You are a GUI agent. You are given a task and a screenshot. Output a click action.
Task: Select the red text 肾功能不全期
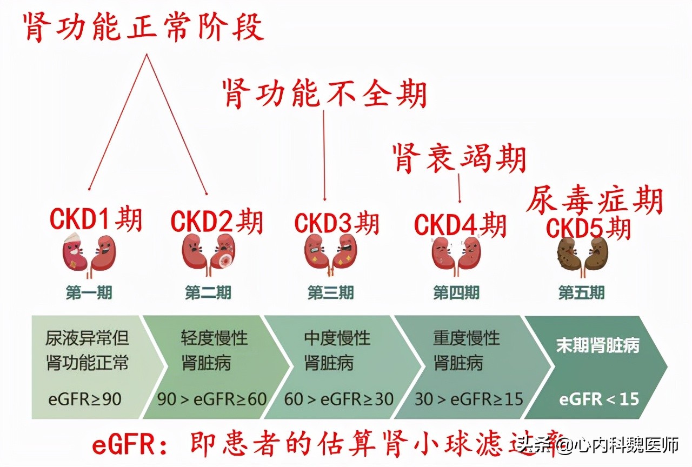tap(325, 94)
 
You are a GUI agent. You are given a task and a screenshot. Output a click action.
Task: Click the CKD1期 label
tap(96, 219)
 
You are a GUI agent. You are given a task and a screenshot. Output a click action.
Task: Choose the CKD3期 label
tap(336, 223)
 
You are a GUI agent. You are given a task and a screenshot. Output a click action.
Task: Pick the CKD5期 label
tap(589, 228)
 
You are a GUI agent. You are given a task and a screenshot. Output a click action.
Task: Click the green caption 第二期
tap(208, 293)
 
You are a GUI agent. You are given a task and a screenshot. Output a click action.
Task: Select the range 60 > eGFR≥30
tap(339, 399)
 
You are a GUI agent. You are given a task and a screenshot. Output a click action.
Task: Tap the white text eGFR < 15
tap(599, 399)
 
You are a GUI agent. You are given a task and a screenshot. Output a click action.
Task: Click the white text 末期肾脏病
tap(597, 346)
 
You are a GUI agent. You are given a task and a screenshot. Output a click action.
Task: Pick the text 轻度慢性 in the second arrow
tap(214, 339)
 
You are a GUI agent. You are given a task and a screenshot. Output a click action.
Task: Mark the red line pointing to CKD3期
tap(324, 157)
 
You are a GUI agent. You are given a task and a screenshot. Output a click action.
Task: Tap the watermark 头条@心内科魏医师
tap(597, 446)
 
